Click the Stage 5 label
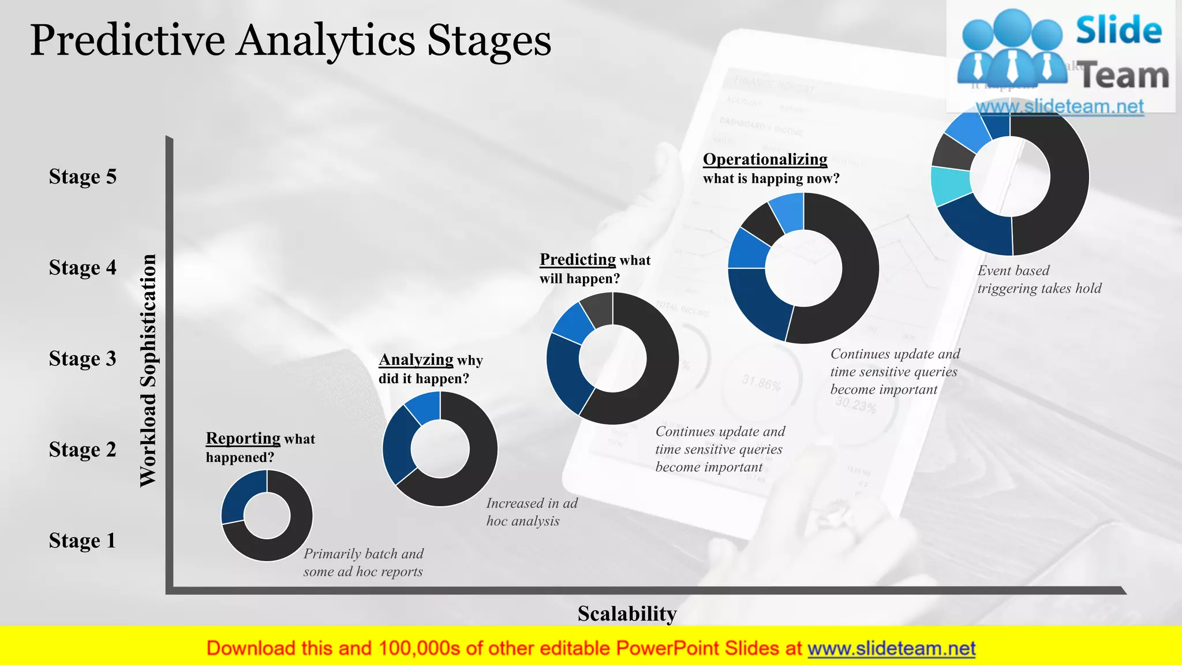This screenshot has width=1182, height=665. [83, 177]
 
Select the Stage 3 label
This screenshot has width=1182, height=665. [83, 359]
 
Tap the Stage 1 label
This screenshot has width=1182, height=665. [83, 541]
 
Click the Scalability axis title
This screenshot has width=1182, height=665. [627, 614]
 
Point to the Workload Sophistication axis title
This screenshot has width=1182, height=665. [148, 371]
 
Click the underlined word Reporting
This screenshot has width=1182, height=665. [243, 439]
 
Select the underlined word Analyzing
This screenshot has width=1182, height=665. [416, 360]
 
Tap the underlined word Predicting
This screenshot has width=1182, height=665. [577, 260]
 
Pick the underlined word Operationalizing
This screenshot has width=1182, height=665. [765, 159]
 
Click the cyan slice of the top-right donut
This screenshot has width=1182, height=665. [949, 185]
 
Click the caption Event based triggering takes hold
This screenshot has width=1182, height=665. [1039, 279]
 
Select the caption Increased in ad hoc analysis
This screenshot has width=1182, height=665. [532, 512]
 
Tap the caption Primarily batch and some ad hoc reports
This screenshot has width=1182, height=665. [363, 563]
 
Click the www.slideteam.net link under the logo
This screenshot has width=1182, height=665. [1060, 107]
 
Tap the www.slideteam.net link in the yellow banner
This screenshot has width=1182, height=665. [891, 649]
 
